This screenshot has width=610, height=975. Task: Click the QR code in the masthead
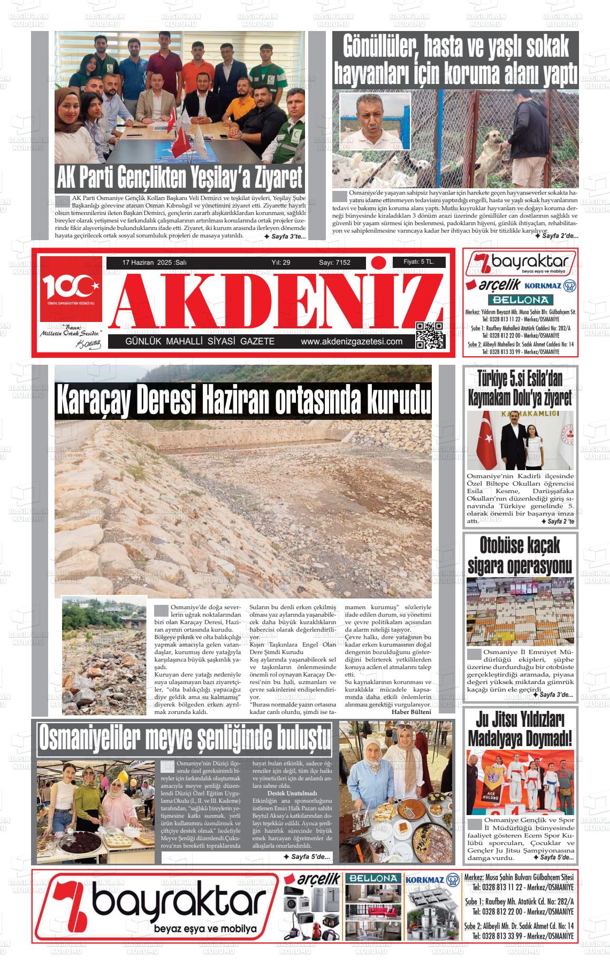coord(430,335)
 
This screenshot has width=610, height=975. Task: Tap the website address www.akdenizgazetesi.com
coord(352,342)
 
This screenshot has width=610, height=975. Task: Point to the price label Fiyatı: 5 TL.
coord(418,262)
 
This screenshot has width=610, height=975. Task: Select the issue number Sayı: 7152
coord(334,263)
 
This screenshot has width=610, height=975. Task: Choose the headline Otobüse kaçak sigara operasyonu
coord(520,555)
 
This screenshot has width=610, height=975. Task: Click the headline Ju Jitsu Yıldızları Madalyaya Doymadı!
coord(520,728)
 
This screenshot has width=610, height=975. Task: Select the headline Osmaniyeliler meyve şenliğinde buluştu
coord(185,739)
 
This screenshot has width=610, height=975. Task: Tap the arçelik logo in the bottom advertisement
coord(312,879)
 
